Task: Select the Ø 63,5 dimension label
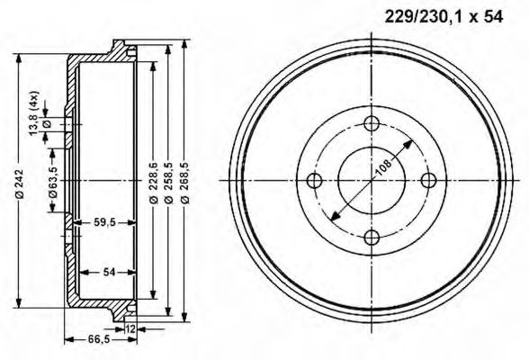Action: (54, 180)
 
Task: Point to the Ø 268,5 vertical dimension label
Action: (185, 180)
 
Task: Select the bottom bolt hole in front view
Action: (372, 237)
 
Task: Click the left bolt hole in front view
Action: (314, 181)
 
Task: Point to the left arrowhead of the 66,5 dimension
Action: (67, 339)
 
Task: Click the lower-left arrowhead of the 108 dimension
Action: (334, 218)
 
